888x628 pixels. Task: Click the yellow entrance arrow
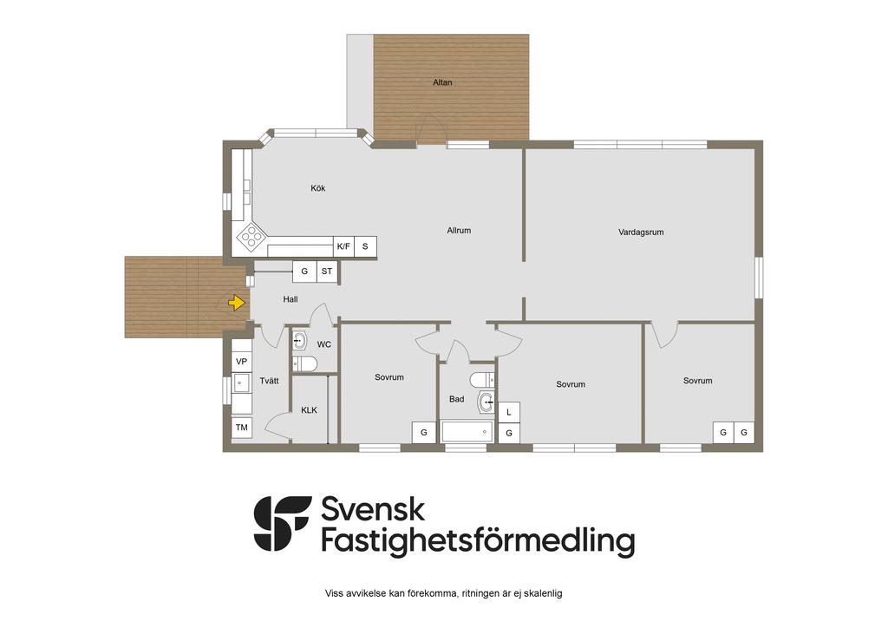pos(236,304)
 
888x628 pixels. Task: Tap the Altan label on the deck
pos(442,82)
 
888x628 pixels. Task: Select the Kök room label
pos(317,188)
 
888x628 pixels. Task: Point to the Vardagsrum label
pos(641,232)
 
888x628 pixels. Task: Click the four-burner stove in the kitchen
pos(251,237)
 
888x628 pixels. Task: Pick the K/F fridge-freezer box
pos(343,246)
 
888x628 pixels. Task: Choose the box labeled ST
pos(327,271)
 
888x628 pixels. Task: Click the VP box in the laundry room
pos(241,362)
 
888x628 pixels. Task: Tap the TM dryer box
pos(242,428)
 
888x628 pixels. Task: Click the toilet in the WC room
pos(304,363)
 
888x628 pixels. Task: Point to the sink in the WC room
pos(299,341)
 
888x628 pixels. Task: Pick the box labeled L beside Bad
pos(509,412)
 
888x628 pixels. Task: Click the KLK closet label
pos(310,410)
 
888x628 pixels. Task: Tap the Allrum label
pos(459,231)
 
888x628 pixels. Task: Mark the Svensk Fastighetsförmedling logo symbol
pos(282,523)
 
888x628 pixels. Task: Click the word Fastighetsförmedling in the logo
pos(478,540)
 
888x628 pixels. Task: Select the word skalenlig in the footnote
pos(544,593)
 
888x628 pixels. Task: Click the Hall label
pos(291,299)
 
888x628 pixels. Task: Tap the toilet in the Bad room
pos(482,379)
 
